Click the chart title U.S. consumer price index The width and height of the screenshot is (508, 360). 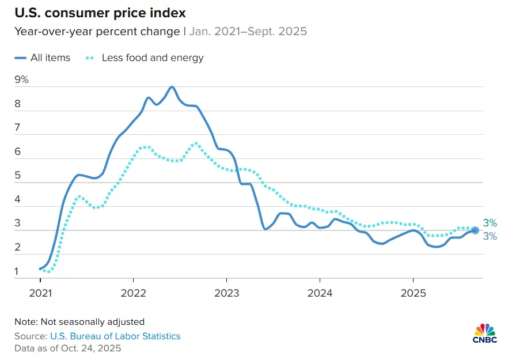coord(100,12)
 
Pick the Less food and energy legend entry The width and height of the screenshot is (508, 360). coord(152,58)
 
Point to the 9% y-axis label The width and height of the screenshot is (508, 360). coord(21,79)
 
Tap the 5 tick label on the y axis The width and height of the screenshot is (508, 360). coord(18,176)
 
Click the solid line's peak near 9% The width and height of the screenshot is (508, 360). coord(172,87)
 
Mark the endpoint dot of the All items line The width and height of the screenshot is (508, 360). coord(475,230)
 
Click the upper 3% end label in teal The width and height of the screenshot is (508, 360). coord(490,223)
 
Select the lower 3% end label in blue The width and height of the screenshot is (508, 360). coord(490,236)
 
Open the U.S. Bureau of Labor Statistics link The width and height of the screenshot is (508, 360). coord(115,336)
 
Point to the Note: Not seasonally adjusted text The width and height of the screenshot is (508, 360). coord(79,321)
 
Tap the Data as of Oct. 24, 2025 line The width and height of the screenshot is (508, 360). coord(68,348)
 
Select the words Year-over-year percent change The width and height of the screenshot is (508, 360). coord(97,31)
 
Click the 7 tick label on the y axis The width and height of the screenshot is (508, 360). coord(18,127)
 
